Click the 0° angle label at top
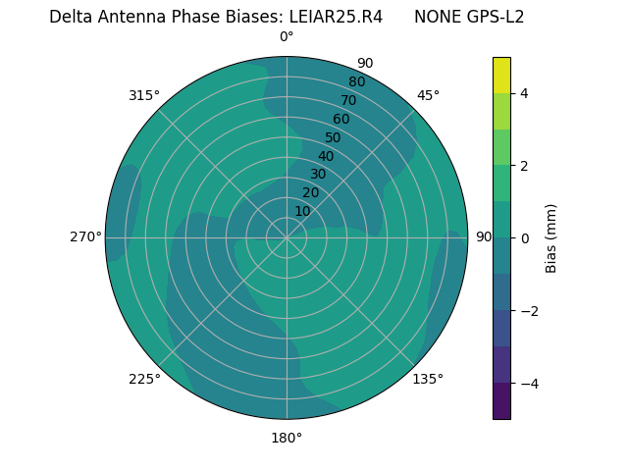(287, 37)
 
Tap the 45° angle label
(428, 95)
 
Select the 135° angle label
(428, 379)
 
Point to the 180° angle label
(287, 438)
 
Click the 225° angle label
(144, 379)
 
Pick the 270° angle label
(85, 236)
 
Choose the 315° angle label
(144, 95)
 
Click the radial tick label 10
(302, 211)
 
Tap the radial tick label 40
(326, 156)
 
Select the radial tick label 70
(348, 100)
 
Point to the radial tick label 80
(356, 82)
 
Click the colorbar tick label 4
(524, 93)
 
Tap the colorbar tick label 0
(524, 238)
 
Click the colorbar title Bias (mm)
(551, 238)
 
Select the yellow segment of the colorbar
(501, 76)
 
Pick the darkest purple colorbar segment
(501, 401)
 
